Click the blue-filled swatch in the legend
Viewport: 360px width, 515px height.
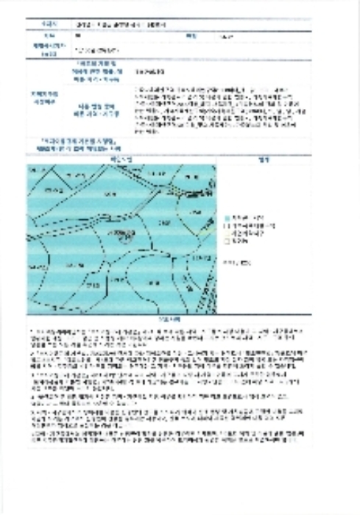(x=226, y=219)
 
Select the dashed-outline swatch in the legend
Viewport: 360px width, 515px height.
(x=226, y=225)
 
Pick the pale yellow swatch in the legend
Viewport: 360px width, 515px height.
(x=226, y=232)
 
